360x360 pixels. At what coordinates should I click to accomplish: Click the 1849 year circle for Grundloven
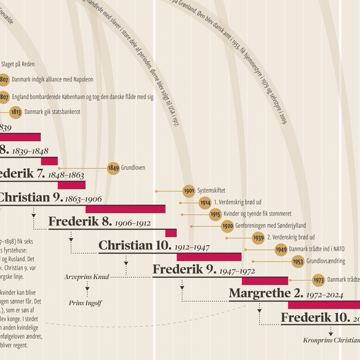click(x=114, y=168)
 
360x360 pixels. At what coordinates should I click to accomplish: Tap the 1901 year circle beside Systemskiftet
click(x=189, y=191)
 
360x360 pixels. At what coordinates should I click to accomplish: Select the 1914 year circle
click(x=205, y=202)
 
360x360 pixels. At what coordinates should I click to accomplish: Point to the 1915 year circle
click(x=215, y=214)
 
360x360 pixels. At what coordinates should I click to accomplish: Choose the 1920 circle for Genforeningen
click(x=227, y=226)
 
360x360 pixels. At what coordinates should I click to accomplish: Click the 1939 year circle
click(x=259, y=238)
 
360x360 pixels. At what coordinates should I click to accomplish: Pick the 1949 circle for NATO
click(x=281, y=250)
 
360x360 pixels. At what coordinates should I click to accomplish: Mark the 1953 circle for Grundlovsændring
click(x=298, y=262)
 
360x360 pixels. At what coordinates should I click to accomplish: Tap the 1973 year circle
click(x=319, y=280)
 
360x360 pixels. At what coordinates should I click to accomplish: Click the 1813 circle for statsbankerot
click(x=16, y=112)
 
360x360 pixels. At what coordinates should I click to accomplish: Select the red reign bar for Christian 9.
click(x=125, y=209)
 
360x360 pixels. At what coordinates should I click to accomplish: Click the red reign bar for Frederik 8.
click(x=171, y=233)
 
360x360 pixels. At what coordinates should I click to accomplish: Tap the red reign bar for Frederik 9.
click(x=265, y=281)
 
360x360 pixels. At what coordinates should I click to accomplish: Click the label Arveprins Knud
click(x=86, y=277)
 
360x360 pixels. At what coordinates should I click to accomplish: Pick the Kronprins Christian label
click(x=331, y=340)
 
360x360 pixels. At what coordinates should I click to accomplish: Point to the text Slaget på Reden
click(x=22, y=65)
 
